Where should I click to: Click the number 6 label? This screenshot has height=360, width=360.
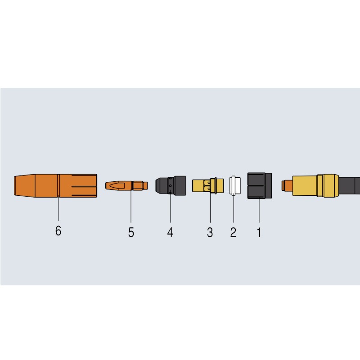coord(58,230)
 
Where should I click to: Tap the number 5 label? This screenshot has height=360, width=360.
coord(131,232)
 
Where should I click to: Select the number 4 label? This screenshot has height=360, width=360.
coord(170,232)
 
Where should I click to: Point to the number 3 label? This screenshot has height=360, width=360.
coord(210,232)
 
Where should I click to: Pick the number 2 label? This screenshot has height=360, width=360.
coord(233,232)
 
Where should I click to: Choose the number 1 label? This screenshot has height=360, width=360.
coord(259,232)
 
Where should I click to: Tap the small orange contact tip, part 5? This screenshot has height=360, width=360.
coord(126,185)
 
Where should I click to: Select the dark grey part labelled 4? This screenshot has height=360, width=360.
coord(171,185)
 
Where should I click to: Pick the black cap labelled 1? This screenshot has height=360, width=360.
coord(260,185)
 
